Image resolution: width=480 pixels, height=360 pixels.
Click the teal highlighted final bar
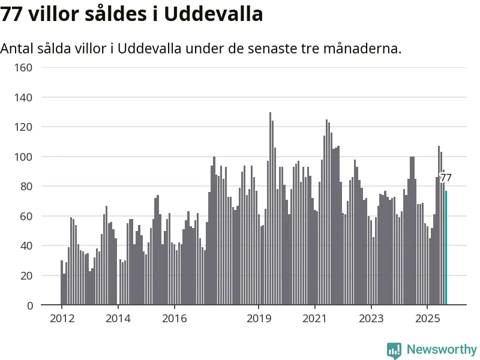click(446, 248)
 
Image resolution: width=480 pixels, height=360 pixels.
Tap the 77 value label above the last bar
click(446, 178)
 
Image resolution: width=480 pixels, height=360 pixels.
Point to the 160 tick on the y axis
click(24, 67)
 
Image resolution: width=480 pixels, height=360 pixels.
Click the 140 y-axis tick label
click(24, 97)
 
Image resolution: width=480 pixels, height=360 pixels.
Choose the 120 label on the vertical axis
click(24, 127)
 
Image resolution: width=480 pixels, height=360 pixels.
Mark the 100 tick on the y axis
click(24, 157)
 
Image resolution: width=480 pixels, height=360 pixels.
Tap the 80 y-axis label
click(26, 186)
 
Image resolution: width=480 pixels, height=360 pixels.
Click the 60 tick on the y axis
click(26, 216)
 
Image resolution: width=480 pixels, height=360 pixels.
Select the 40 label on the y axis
click(26, 246)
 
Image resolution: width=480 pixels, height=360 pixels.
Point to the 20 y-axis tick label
click(26, 275)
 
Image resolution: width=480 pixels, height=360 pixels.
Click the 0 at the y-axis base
click(29, 305)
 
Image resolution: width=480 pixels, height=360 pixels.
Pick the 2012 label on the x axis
click(62, 318)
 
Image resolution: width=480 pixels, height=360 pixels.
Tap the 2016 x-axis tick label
click(174, 318)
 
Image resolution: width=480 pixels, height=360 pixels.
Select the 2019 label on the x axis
click(259, 318)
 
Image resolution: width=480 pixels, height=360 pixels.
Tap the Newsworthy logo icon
click(394, 350)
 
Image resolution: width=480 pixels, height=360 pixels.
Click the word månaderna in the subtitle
click(363, 49)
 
